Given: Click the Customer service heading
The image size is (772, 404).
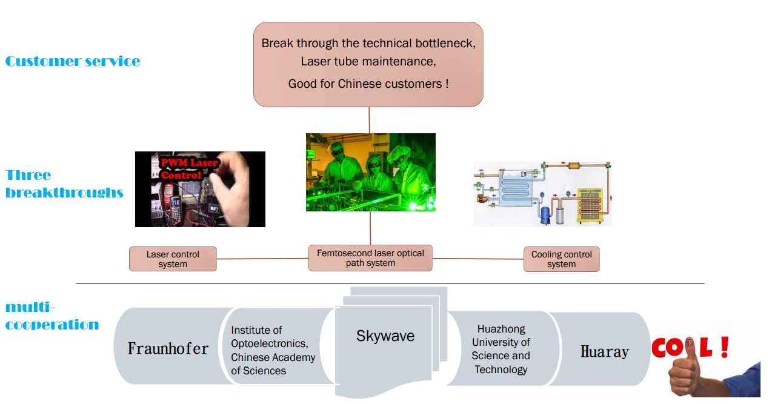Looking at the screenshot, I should click(x=73, y=61).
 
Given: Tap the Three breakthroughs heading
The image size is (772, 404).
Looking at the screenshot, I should click(x=64, y=184).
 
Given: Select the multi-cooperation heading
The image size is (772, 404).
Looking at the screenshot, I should click(x=52, y=316).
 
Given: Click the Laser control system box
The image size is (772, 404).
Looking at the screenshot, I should click(x=173, y=259).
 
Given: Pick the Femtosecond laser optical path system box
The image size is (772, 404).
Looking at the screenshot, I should click(x=370, y=258).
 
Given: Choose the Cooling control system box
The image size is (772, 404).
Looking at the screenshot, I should click(x=561, y=259).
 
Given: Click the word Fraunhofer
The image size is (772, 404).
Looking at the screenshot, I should click(x=168, y=348).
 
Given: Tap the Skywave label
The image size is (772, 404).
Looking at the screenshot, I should click(x=385, y=336).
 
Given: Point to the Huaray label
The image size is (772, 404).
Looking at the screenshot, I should click(x=604, y=351).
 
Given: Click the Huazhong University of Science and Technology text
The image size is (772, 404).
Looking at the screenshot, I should click(x=501, y=349).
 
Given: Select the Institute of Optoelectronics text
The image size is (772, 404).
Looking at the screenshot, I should click(x=273, y=350).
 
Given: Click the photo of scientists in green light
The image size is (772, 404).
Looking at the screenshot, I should click(x=370, y=172).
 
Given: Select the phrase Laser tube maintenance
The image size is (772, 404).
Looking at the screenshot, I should click(x=368, y=62).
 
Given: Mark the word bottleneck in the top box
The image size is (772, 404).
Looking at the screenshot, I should click(x=445, y=43).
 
